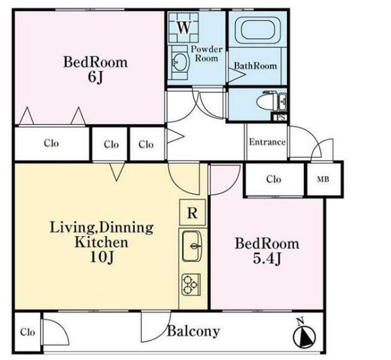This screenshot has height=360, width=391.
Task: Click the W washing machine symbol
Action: pos(184,27)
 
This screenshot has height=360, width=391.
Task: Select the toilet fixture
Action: pos(272,101)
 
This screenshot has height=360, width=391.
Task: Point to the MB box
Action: pos(324,179)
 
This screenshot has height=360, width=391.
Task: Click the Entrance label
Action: pos(267,142)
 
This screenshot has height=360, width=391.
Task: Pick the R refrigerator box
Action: pos(193,213)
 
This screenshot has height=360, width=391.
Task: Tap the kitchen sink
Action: pos(192,246)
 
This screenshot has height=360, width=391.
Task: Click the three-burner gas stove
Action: pos(191,285)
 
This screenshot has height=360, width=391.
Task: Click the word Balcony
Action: pos(193,331)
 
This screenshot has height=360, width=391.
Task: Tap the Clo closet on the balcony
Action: pos(28,332)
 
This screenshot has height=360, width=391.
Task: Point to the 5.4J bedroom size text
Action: pos(267,259)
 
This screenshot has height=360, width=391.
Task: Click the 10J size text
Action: pos(102,257)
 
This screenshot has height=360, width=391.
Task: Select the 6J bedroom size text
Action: pos(95,78)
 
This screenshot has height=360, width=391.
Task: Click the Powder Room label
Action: pos(206,54)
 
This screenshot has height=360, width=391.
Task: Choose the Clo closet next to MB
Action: pos(274,179)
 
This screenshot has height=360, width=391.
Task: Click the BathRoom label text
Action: pos(255,65)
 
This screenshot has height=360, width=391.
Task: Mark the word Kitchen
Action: pos(102,242)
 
